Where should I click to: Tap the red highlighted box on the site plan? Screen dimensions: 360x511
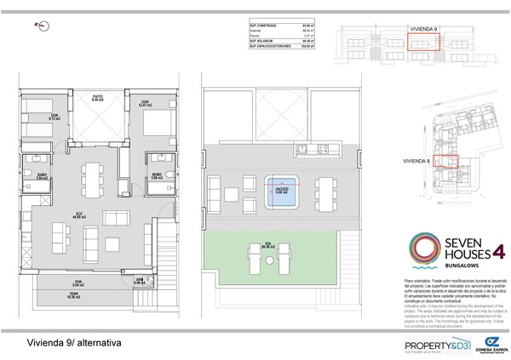point(445,161)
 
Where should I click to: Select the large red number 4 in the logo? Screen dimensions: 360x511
point(498,250)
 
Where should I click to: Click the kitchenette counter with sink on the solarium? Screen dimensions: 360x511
point(308,151)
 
